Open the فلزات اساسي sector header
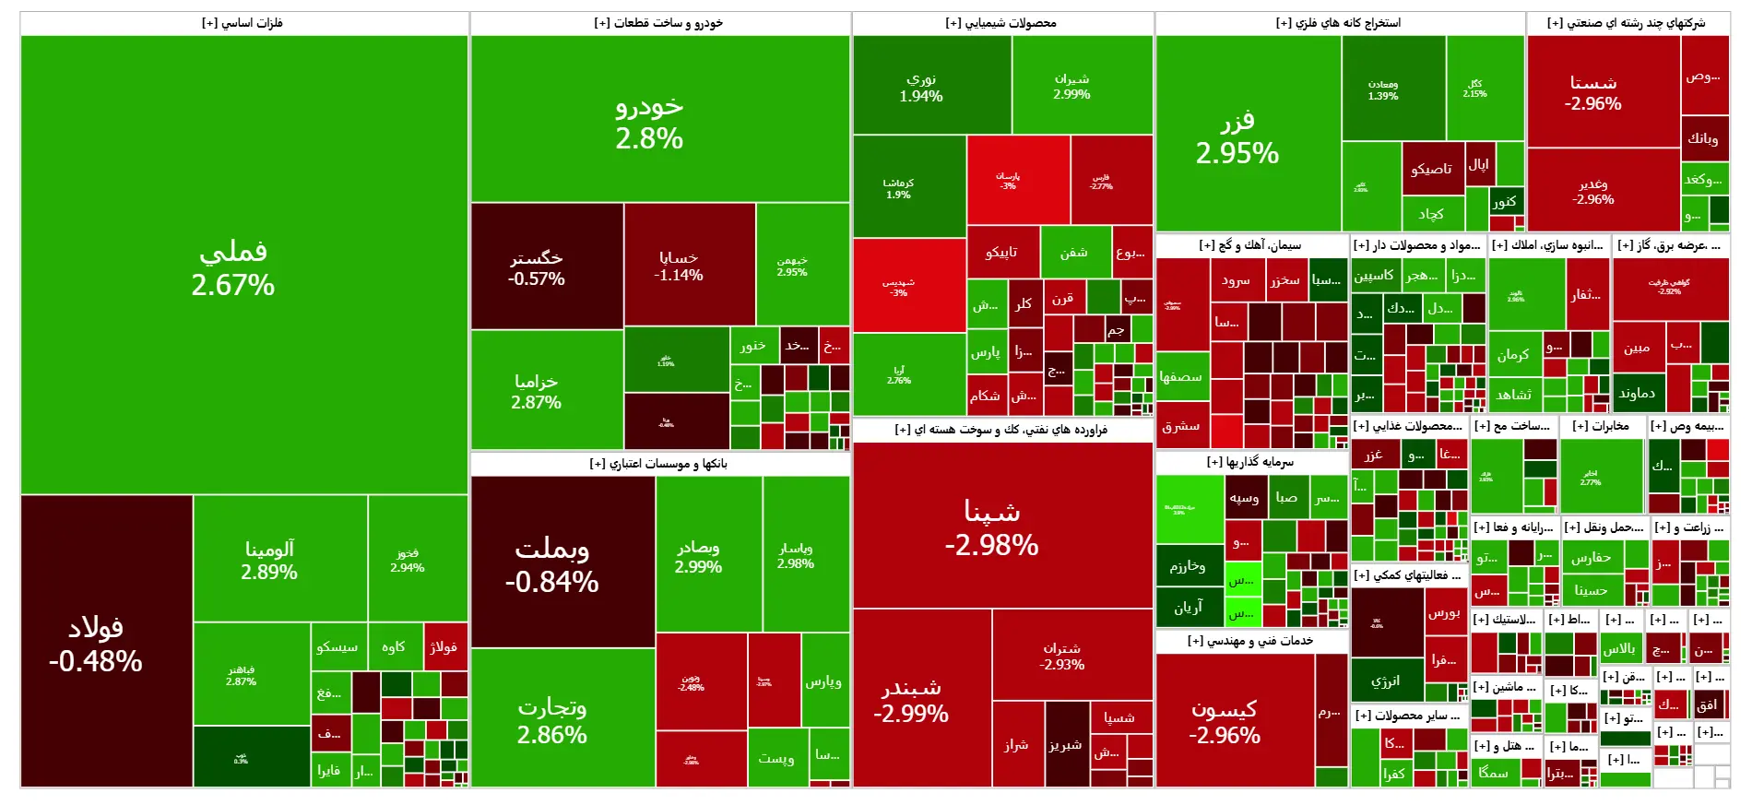[243, 23]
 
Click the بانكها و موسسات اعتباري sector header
[658, 464]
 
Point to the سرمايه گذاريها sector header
[1250, 462]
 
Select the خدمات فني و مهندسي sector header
[1250, 641]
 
